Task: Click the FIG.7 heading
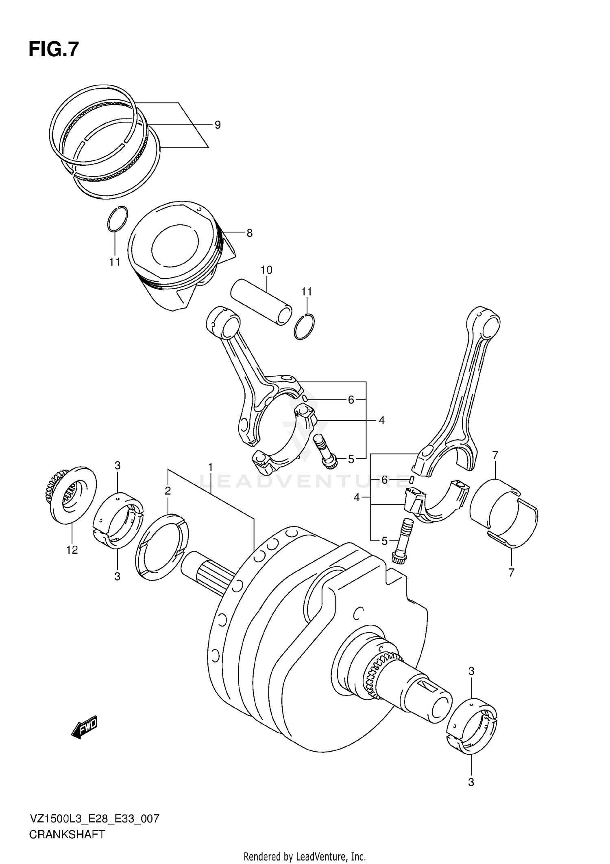point(53,50)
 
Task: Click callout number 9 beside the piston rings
point(218,125)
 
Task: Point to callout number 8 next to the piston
point(249,233)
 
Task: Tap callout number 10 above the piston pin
point(266,270)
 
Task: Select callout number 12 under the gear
point(72,550)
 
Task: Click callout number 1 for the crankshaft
point(210,467)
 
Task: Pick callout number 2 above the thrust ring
point(168,491)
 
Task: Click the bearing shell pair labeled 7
point(504,512)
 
